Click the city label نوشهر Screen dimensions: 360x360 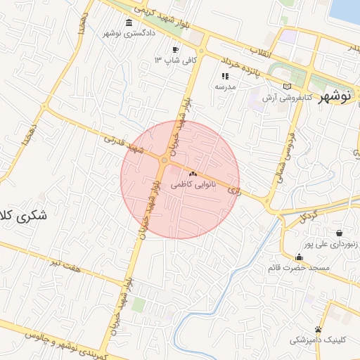334,97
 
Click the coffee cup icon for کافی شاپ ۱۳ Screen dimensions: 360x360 175,50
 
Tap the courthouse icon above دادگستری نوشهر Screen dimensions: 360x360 128,23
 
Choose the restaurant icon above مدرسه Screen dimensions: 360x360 225,76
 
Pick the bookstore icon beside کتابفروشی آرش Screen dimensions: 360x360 285,86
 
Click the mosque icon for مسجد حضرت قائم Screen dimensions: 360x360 300,257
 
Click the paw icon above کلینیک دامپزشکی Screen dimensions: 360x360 319,329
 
